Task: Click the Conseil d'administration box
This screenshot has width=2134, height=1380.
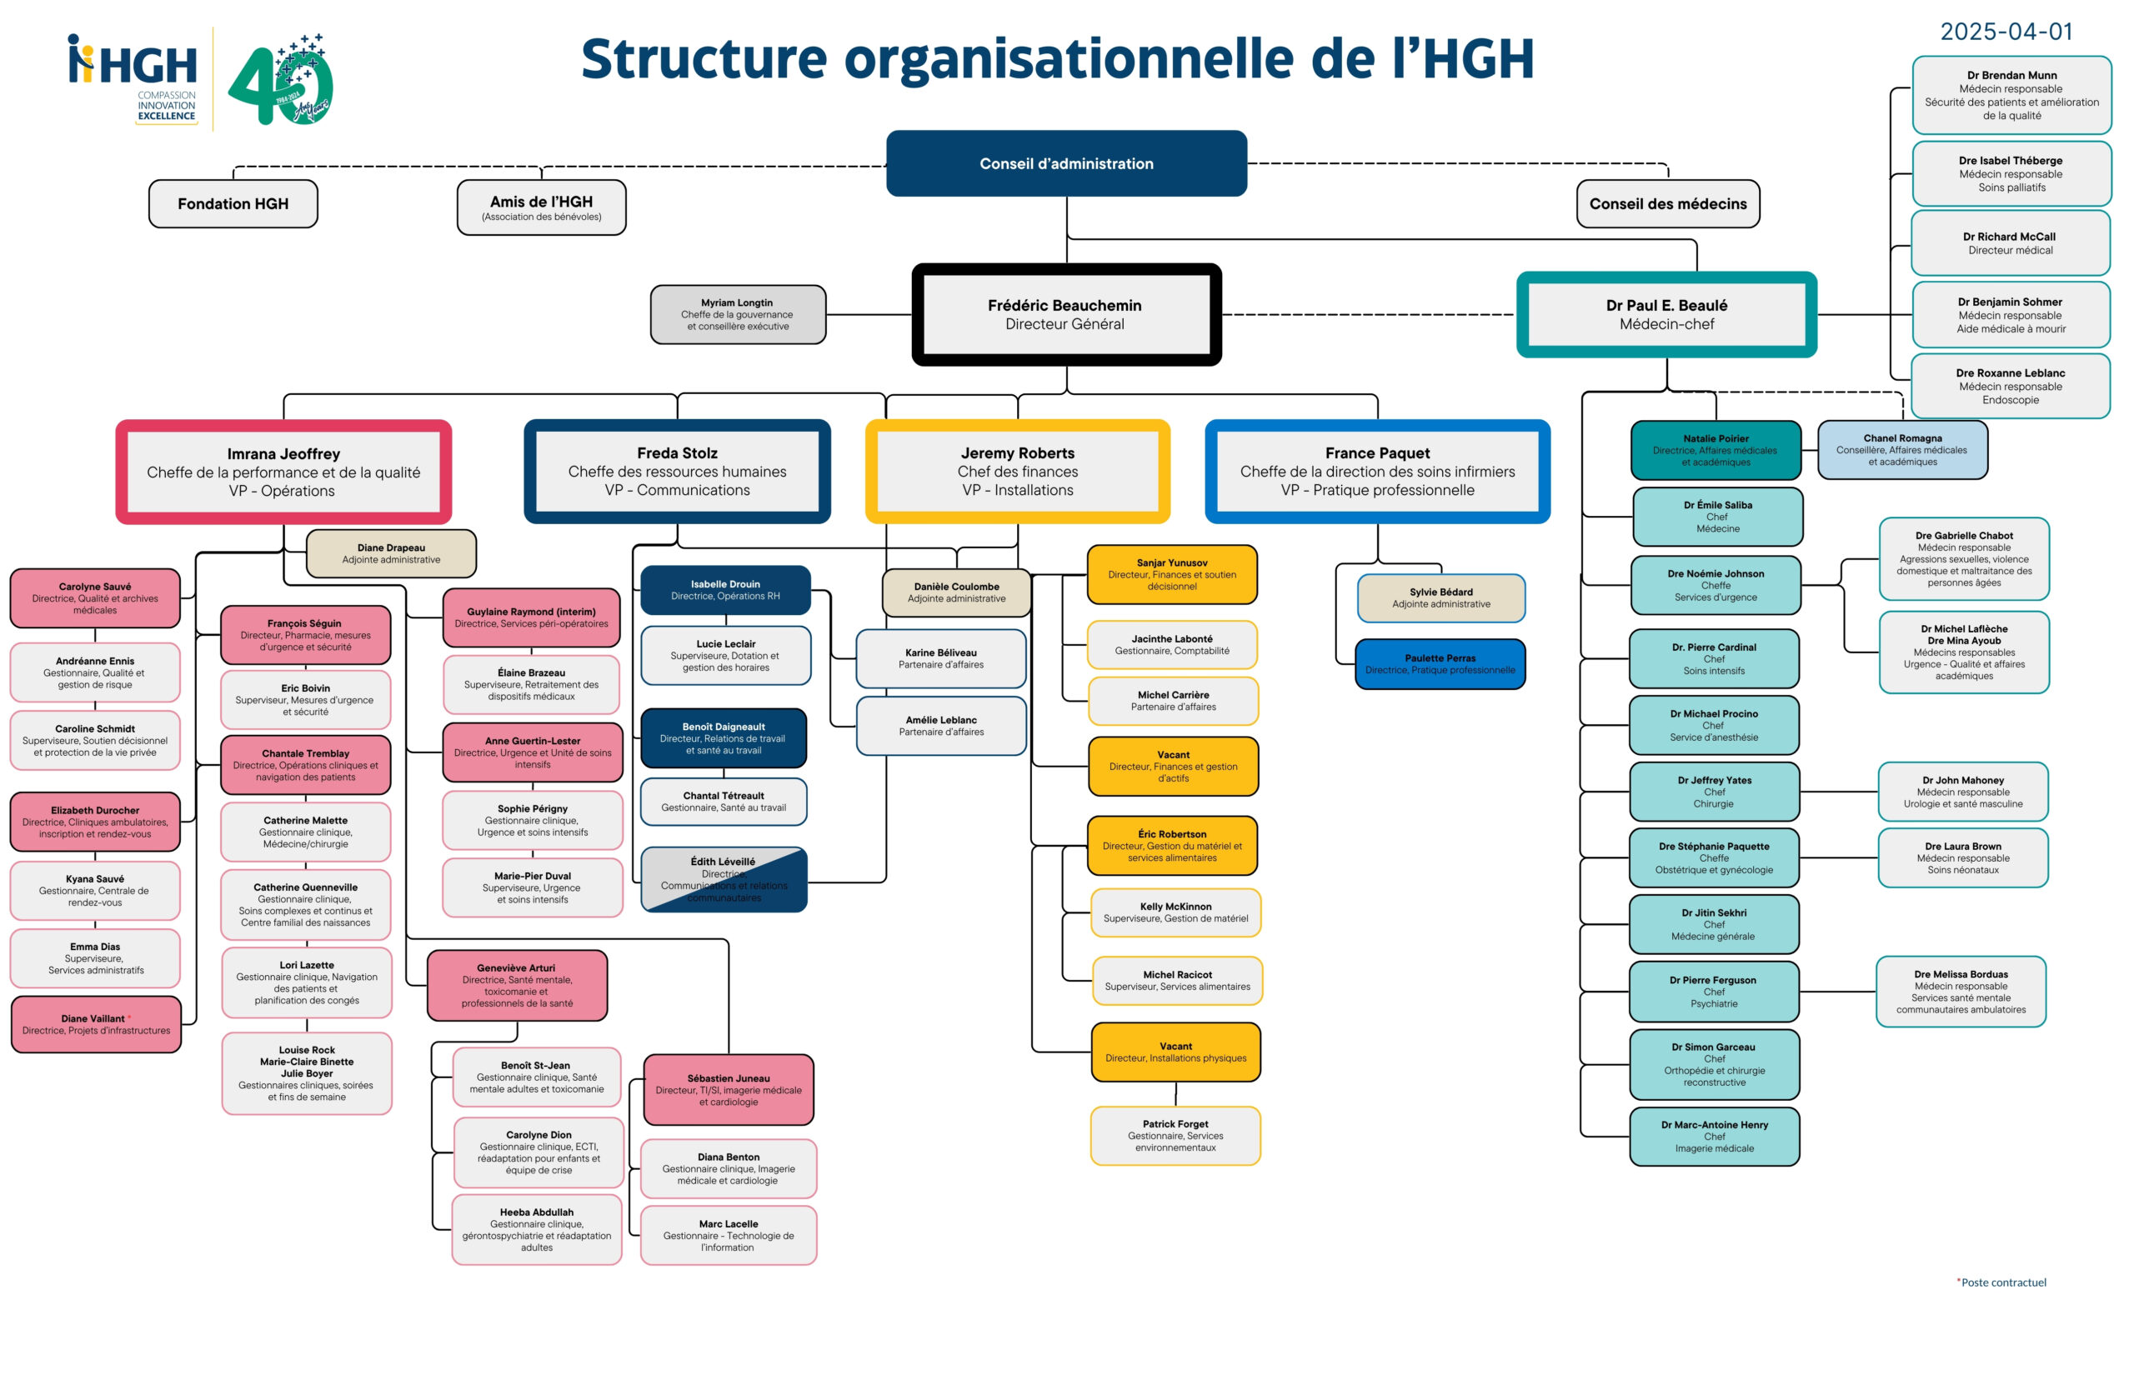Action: coord(1065,163)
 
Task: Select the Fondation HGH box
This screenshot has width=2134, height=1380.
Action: coord(233,203)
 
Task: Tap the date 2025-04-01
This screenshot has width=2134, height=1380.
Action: coord(2006,32)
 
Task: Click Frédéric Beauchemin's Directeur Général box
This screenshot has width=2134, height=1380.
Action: coord(1064,314)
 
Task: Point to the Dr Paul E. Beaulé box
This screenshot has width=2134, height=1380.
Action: coord(1666,314)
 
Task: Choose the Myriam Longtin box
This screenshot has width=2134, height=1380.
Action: coord(738,314)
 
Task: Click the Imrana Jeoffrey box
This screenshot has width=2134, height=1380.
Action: coord(283,472)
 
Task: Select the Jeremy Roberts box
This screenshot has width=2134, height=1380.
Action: coord(1017,472)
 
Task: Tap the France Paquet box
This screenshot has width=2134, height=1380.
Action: coord(1378,472)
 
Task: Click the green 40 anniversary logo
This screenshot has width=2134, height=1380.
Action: coord(282,81)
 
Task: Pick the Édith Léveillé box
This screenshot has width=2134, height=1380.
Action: coord(724,879)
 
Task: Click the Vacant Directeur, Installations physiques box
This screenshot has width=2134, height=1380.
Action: coord(1175,1052)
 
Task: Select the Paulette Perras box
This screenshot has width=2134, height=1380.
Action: coord(1440,664)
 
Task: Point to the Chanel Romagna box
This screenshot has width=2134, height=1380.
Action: coord(1902,450)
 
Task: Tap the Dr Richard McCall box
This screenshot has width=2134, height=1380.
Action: coord(2010,242)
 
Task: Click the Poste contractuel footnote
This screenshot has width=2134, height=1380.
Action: coord(2002,1282)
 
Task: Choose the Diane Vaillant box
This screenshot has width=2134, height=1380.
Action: coord(96,1024)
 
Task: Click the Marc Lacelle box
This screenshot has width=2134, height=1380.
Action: coord(728,1235)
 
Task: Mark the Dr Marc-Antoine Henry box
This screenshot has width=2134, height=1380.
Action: coord(1714,1137)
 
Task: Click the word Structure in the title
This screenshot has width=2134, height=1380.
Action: coord(703,59)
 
